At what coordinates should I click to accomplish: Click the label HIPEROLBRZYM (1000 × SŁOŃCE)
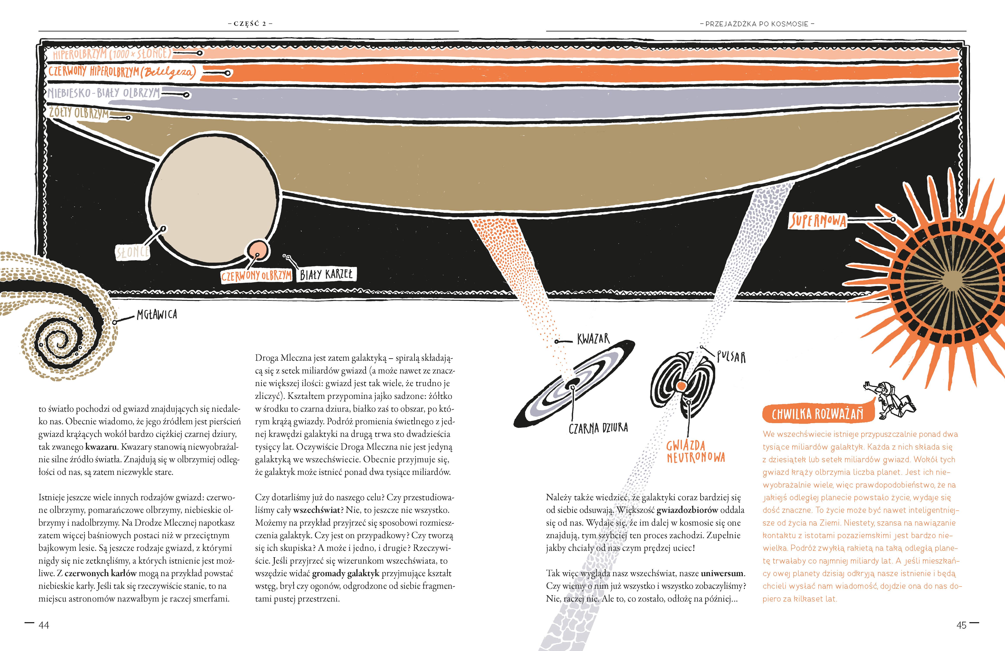[x=112, y=54]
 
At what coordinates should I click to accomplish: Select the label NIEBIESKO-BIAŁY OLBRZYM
[x=104, y=93]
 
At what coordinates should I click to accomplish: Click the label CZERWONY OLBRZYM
[x=256, y=276]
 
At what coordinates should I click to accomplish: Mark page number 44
[x=43, y=625]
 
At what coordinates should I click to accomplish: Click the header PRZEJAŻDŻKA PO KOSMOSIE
[x=757, y=24]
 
